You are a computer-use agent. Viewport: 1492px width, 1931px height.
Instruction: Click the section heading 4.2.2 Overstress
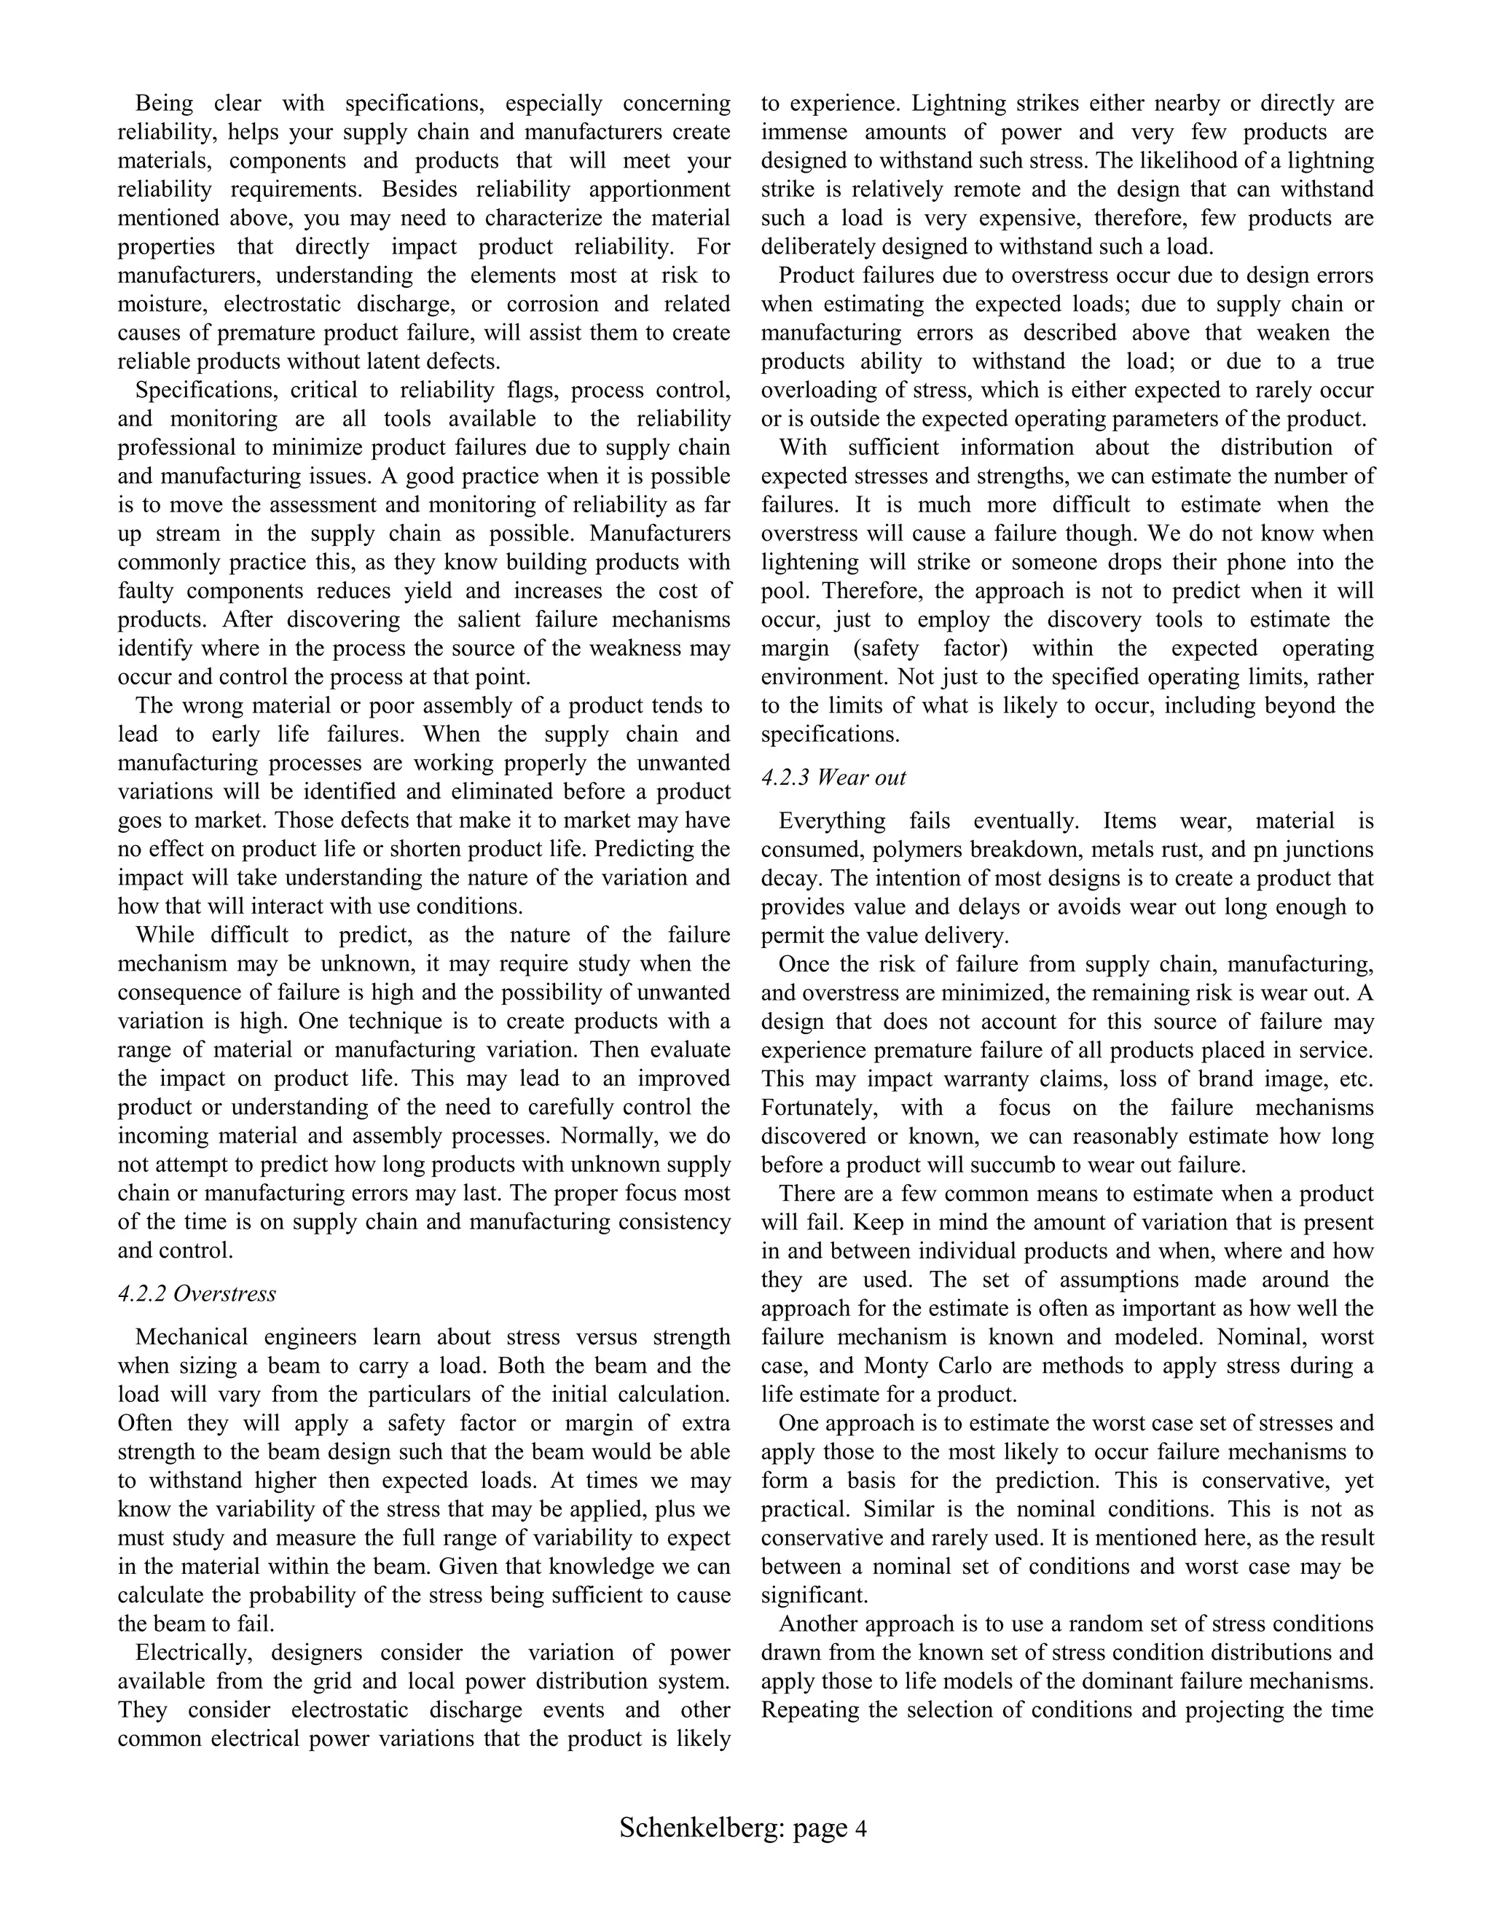coord(196,1293)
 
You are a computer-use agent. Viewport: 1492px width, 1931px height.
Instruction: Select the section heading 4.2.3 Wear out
coord(833,778)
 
